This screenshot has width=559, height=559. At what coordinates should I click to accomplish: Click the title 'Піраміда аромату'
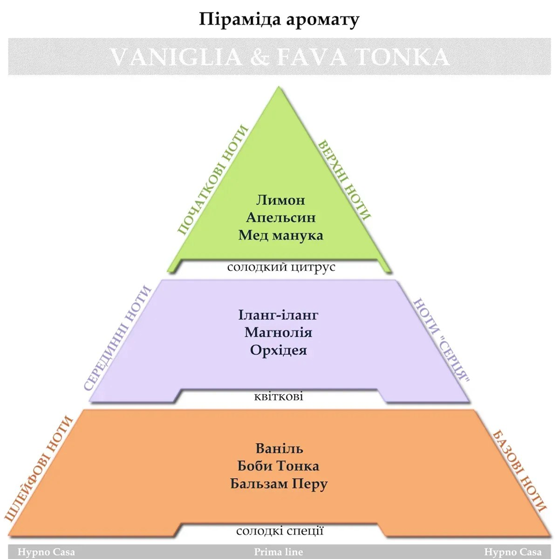(x=279, y=19)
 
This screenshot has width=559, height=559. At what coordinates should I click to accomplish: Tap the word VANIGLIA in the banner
(x=171, y=57)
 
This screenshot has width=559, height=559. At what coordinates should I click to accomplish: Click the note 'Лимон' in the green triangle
(x=280, y=199)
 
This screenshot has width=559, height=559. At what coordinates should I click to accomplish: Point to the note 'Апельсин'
(x=281, y=217)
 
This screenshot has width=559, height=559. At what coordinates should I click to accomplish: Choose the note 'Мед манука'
(x=281, y=235)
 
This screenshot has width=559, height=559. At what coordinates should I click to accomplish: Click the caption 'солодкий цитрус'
(x=281, y=267)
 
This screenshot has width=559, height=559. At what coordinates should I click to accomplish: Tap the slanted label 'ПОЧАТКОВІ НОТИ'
(x=213, y=180)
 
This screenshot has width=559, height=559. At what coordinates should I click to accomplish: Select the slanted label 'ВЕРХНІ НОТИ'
(x=344, y=180)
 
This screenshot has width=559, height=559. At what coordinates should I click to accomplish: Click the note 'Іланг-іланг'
(x=278, y=315)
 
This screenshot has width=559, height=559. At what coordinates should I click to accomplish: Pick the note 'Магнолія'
(x=278, y=332)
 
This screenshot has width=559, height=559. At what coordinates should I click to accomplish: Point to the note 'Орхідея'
(x=278, y=350)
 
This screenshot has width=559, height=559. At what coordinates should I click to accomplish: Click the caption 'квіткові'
(x=278, y=396)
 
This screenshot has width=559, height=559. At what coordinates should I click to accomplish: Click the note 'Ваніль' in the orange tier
(x=279, y=449)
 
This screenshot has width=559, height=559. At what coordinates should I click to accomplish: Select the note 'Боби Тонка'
(x=279, y=466)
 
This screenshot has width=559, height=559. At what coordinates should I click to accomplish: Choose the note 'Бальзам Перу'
(x=279, y=484)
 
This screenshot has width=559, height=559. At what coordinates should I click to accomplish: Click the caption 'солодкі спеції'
(x=280, y=531)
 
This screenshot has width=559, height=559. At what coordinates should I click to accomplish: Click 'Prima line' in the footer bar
(x=278, y=552)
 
